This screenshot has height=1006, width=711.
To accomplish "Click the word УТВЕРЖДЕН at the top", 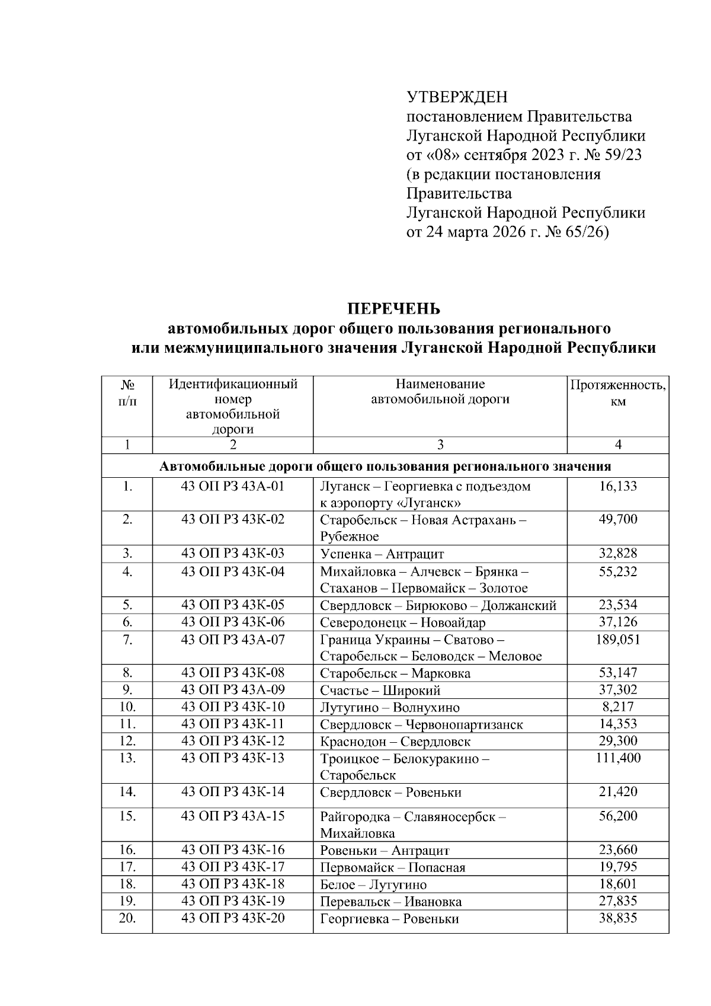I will (x=457, y=97).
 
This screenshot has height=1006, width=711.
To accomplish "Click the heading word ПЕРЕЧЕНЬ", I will (x=393, y=309).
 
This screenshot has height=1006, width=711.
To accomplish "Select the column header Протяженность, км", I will (x=617, y=393).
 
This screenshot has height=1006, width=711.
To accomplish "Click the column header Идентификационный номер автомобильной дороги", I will (x=233, y=407).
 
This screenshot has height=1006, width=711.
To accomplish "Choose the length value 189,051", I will (x=618, y=640).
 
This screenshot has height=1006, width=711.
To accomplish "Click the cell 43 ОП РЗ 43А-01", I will (x=233, y=487).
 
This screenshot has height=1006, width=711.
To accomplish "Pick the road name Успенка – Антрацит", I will (x=382, y=554).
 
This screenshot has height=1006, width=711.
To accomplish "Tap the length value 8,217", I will (x=618, y=707).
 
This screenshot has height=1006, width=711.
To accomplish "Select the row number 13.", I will (x=127, y=758).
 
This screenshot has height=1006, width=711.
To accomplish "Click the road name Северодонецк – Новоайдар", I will (x=402, y=622).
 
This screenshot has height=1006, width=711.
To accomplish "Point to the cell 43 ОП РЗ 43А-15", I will (x=233, y=816).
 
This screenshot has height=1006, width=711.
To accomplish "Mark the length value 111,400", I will (x=618, y=758).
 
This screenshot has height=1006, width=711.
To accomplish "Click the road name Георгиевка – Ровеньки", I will (x=389, y=919).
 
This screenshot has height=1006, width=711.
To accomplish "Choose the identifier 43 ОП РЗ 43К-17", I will (x=233, y=867).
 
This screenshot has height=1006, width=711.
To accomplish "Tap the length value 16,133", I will (x=618, y=487).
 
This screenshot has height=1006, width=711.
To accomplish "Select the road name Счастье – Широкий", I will (x=380, y=691).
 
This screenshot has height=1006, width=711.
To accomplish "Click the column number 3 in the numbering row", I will (x=440, y=445).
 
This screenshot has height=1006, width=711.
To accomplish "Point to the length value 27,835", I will (x=618, y=902).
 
